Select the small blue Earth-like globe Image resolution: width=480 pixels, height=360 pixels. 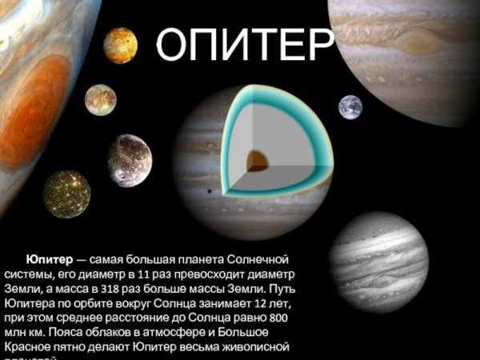tap(350, 106)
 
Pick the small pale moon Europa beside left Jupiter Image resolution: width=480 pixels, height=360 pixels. tap(100, 99)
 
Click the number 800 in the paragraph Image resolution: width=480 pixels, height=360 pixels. tap(295, 318)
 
